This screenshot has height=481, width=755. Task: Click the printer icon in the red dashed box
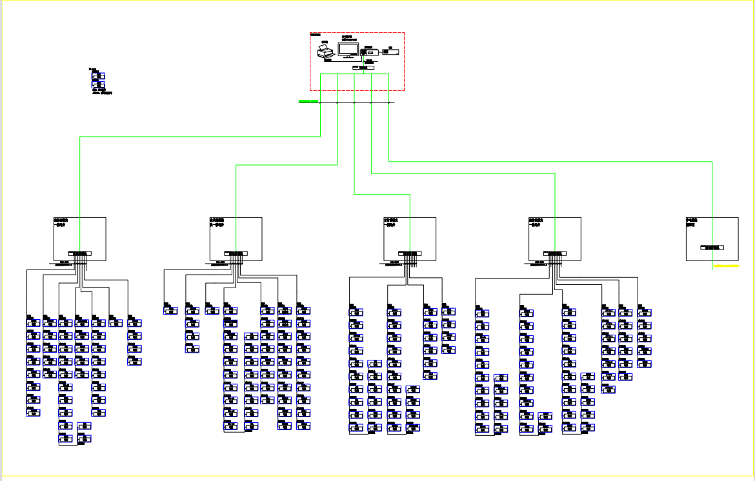[325, 52]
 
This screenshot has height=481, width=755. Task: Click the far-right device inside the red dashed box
[390, 52]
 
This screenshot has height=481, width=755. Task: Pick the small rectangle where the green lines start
[363, 67]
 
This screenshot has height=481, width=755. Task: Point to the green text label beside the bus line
[308, 101]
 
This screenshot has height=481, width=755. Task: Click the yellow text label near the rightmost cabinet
[726, 265]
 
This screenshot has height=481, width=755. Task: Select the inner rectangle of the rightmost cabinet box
[712, 247]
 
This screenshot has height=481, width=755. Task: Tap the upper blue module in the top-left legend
[98, 76]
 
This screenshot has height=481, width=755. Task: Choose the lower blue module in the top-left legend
[98, 84]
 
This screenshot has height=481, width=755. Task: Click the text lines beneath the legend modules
[103, 92]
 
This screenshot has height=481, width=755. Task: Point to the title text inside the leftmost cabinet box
[61, 222]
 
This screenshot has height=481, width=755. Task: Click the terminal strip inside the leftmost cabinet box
[80, 253]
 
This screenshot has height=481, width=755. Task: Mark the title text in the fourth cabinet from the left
[536, 222]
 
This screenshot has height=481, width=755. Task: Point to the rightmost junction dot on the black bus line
[388, 103]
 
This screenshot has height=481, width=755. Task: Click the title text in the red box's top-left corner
[315, 34]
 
